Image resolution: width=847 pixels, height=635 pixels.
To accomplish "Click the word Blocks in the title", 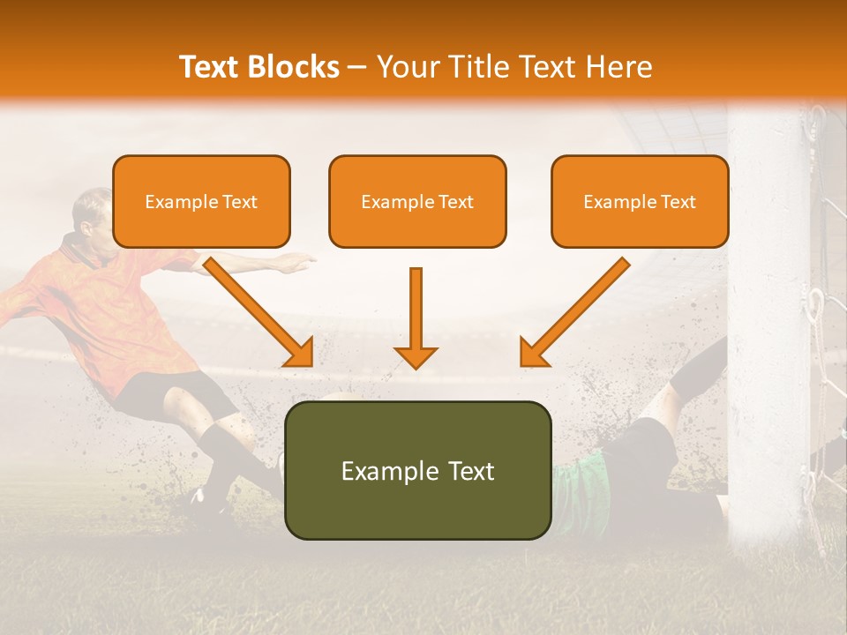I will coord(295,67).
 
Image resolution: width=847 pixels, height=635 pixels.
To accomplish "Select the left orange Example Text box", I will coord(201,201).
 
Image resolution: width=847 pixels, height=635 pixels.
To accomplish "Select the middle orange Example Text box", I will coord(417,201).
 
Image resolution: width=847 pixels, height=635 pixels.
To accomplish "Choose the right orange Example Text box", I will coord(640,201).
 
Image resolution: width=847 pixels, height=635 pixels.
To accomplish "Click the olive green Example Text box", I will coord(417,470).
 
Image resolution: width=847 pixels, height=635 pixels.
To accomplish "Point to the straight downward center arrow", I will coord(416,317).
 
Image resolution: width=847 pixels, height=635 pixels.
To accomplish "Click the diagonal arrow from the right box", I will coord(573,312).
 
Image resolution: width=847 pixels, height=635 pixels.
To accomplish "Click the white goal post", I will coord(768,335).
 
